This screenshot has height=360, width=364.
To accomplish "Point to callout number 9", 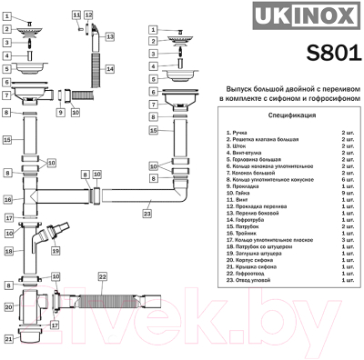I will (59, 114).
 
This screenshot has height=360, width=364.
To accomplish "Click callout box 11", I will (76, 15).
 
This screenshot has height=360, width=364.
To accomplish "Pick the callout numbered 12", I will (87, 15).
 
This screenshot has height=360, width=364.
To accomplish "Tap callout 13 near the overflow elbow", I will (110, 36).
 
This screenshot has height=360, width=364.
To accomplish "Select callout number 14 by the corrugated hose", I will (109, 69).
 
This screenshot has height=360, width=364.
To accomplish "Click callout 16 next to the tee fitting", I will (7, 199).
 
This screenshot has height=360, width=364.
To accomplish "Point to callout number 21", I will (7, 338).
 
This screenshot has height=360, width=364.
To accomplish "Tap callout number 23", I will (147, 215).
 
